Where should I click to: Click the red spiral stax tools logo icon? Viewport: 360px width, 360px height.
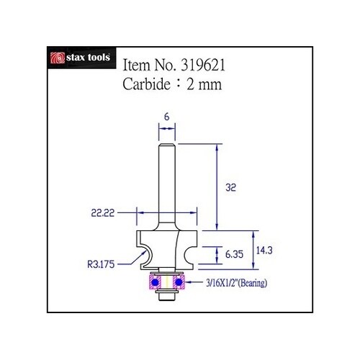(x=58, y=58)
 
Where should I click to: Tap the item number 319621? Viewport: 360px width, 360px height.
(x=203, y=65)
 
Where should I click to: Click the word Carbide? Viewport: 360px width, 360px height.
(x=146, y=84)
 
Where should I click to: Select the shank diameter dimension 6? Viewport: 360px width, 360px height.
(x=167, y=117)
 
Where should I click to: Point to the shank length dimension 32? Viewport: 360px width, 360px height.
(x=230, y=187)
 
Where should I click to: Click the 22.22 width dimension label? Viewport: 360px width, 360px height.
(x=103, y=213)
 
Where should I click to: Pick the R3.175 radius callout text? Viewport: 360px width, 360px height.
(x=101, y=264)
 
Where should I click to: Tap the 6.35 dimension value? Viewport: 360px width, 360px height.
(x=234, y=254)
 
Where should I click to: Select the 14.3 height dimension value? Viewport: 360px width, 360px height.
(x=264, y=251)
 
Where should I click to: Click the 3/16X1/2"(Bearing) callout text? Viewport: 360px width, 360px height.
(x=237, y=283)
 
